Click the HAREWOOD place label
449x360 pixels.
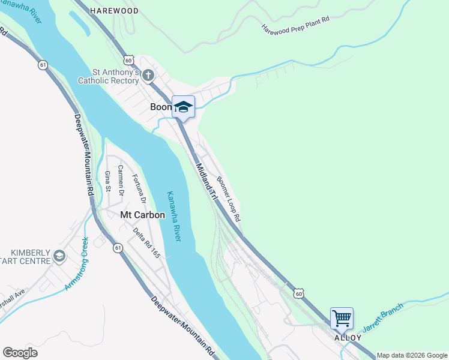click(x=114, y=11)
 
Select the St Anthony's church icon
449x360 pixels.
click(x=148, y=76)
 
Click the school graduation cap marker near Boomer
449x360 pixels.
click(x=184, y=107)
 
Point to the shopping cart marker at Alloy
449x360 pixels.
click(x=342, y=318)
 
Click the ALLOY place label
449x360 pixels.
click(x=348, y=338)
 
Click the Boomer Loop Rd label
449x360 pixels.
click(x=229, y=199)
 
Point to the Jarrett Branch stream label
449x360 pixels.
click(x=383, y=318)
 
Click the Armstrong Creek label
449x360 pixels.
click(x=77, y=265)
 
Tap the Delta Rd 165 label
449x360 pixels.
click(x=147, y=243)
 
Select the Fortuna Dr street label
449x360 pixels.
click(x=139, y=189)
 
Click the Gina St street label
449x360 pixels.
click(x=108, y=181)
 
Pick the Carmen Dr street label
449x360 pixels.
click(x=121, y=181)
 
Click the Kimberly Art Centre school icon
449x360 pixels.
click(x=59, y=256)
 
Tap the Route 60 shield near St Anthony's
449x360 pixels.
click(x=128, y=60)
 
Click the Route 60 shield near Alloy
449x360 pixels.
click(x=299, y=293)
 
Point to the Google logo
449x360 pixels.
click(x=20, y=353)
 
